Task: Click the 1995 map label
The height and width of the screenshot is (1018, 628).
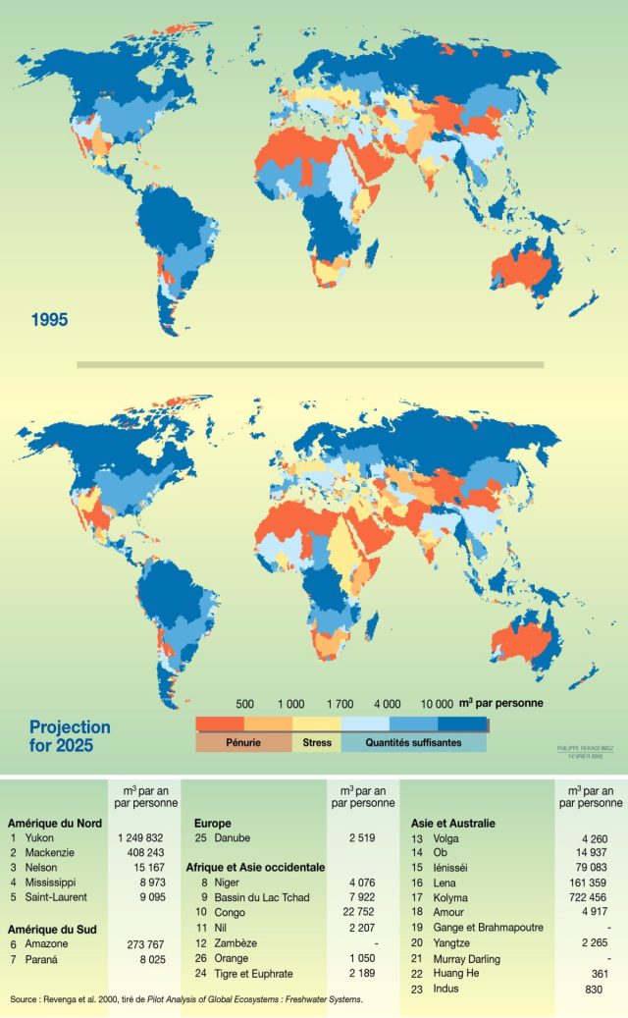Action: [x=49, y=319]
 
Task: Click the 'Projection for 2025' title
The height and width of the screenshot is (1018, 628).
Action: [x=70, y=737]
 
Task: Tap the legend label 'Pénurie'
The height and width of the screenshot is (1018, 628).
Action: [x=243, y=743]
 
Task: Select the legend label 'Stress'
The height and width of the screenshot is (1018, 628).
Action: [x=316, y=743]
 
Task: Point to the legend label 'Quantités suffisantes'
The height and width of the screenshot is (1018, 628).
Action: [x=413, y=743]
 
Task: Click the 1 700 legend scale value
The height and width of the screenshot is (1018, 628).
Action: [x=340, y=704]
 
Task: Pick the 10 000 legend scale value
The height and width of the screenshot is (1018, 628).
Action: [x=437, y=704]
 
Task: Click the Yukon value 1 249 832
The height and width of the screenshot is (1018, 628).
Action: [x=147, y=838]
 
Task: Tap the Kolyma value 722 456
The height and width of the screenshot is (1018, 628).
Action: [x=586, y=898]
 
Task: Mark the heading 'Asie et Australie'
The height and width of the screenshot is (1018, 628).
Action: [x=452, y=823]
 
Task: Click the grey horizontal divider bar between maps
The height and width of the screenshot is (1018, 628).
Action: [x=310, y=364]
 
